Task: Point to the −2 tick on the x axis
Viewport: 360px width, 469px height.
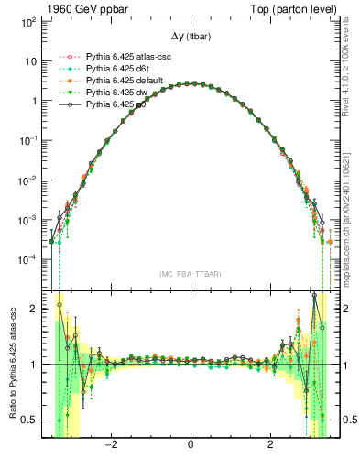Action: click(111, 445)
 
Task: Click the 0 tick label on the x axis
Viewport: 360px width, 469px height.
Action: click(190, 445)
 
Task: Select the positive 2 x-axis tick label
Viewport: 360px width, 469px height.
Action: click(269, 445)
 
